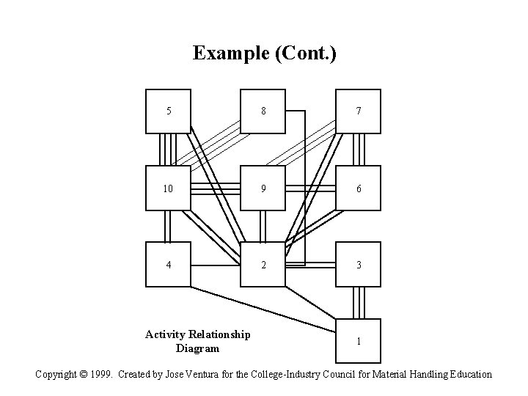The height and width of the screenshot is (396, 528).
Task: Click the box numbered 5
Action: click(x=168, y=111)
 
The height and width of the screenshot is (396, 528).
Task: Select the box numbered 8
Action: click(x=263, y=111)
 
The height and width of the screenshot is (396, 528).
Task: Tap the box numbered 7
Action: click(x=358, y=111)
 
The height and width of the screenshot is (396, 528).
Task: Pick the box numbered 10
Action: click(x=168, y=188)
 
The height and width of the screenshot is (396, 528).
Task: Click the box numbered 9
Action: click(x=263, y=188)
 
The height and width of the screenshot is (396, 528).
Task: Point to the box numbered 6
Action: click(x=358, y=188)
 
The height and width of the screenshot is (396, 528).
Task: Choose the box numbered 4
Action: click(x=168, y=265)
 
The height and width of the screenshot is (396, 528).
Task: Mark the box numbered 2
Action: click(x=263, y=265)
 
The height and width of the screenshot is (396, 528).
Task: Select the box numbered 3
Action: click(x=358, y=265)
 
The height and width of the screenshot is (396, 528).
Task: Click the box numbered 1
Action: click(x=358, y=341)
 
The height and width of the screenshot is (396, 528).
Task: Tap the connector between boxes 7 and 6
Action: click(x=358, y=150)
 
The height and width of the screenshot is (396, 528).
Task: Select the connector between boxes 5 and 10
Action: click(x=168, y=150)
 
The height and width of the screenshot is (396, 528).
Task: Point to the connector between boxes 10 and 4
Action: click(x=168, y=227)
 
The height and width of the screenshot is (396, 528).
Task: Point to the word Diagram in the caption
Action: click(x=197, y=348)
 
